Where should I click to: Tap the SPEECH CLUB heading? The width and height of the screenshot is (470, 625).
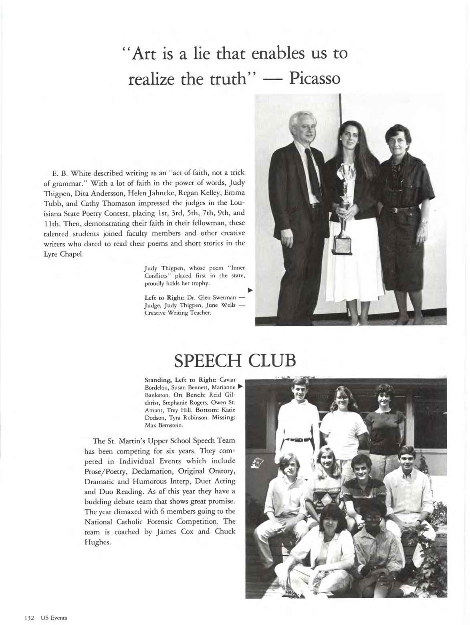pyautogui.click(x=235, y=360)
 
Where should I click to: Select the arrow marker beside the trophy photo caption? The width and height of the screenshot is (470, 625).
pyautogui.click(x=250, y=290)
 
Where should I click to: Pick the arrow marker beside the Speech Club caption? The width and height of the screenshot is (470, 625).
pyautogui.click(x=240, y=387)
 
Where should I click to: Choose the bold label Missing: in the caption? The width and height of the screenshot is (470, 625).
pyautogui.click(x=224, y=417)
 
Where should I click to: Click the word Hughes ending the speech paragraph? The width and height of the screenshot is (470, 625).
pyautogui.click(x=96, y=542)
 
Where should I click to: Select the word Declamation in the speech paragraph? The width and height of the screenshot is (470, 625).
pyautogui.click(x=154, y=471)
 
